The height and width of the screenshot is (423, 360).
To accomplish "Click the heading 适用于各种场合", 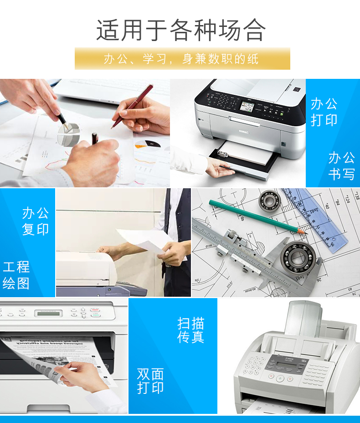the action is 181,30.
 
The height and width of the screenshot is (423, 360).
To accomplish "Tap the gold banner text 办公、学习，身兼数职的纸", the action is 181,59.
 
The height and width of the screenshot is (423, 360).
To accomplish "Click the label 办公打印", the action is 324,112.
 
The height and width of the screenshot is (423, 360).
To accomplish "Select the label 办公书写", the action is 341,165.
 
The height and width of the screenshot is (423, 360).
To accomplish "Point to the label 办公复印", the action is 36,221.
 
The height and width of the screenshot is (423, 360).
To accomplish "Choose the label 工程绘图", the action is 16,275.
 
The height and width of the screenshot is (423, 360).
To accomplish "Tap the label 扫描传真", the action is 190,330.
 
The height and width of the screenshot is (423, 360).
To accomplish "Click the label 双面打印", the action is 150,381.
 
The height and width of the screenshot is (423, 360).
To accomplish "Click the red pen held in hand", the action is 132,107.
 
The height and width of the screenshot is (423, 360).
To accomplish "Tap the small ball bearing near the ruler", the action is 268,200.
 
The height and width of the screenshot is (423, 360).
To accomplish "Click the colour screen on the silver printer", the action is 247,106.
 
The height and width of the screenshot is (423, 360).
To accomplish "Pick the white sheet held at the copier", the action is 145,240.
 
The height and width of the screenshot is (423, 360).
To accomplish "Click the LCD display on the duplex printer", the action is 48,314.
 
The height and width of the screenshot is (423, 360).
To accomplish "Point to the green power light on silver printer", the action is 282,114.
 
